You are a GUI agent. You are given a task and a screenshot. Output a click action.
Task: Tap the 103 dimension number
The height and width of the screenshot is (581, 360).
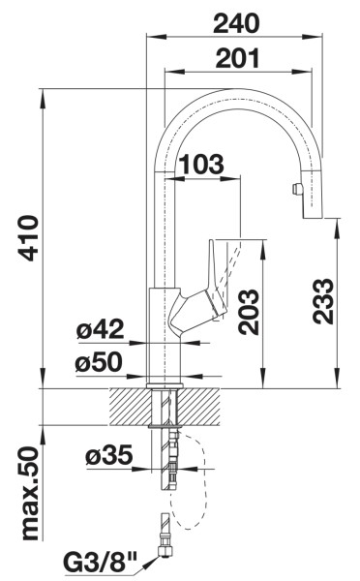click(201, 164)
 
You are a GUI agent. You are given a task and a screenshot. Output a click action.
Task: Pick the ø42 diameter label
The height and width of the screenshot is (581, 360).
click(101, 330)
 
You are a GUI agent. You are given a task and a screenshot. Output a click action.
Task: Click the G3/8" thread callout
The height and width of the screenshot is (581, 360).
click(101, 562)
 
